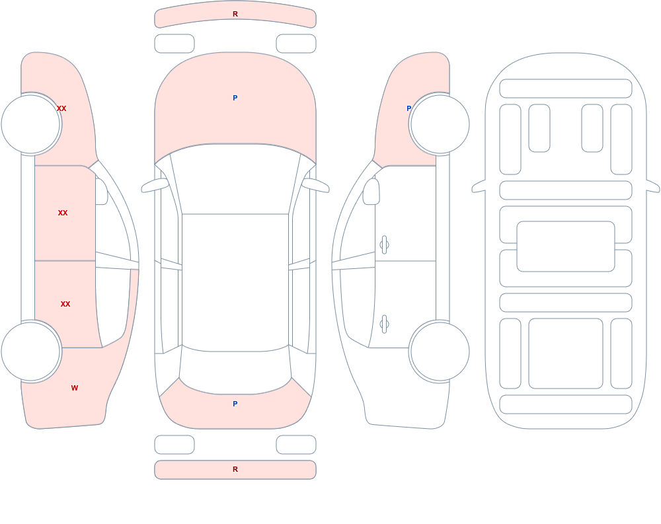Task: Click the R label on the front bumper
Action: pyautogui.click(x=235, y=14)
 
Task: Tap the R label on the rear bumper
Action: pyautogui.click(x=235, y=469)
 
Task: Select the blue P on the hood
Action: pyautogui.click(x=235, y=98)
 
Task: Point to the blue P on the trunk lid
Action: pyautogui.click(x=235, y=404)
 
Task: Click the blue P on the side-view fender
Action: pyautogui.click(x=408, y=108)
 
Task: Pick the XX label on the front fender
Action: pyautogui.click(x=61, y=108)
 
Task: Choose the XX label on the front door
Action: pyautogui.click(x=63, y=213)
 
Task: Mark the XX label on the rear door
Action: pyautogui.click(x=65, y=304)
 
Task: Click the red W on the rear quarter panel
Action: pyautogui.click(x=75, y=388)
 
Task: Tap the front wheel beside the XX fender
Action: pyautogui.click(x=31, y=124)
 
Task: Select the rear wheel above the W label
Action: pyautogui.click(x=31, y=351)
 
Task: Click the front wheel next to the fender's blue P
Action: pyautogui.click(x=440, y=124)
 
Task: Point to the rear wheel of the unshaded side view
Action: pyautogui.click(x=440, y=351)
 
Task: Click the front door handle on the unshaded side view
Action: pyautogui.click(x=384, y=245)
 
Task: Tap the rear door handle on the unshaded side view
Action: pyautogui.click(x=384, y=324)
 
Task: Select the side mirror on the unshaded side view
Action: pyautogui.click(x=371, y=192)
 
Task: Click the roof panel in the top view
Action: pyautogui.click(x=235, y=282)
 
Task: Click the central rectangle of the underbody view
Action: pyautogui.click(x=566, y=246)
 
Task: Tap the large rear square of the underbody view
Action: pyautogui.click(x=566, y=354)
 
